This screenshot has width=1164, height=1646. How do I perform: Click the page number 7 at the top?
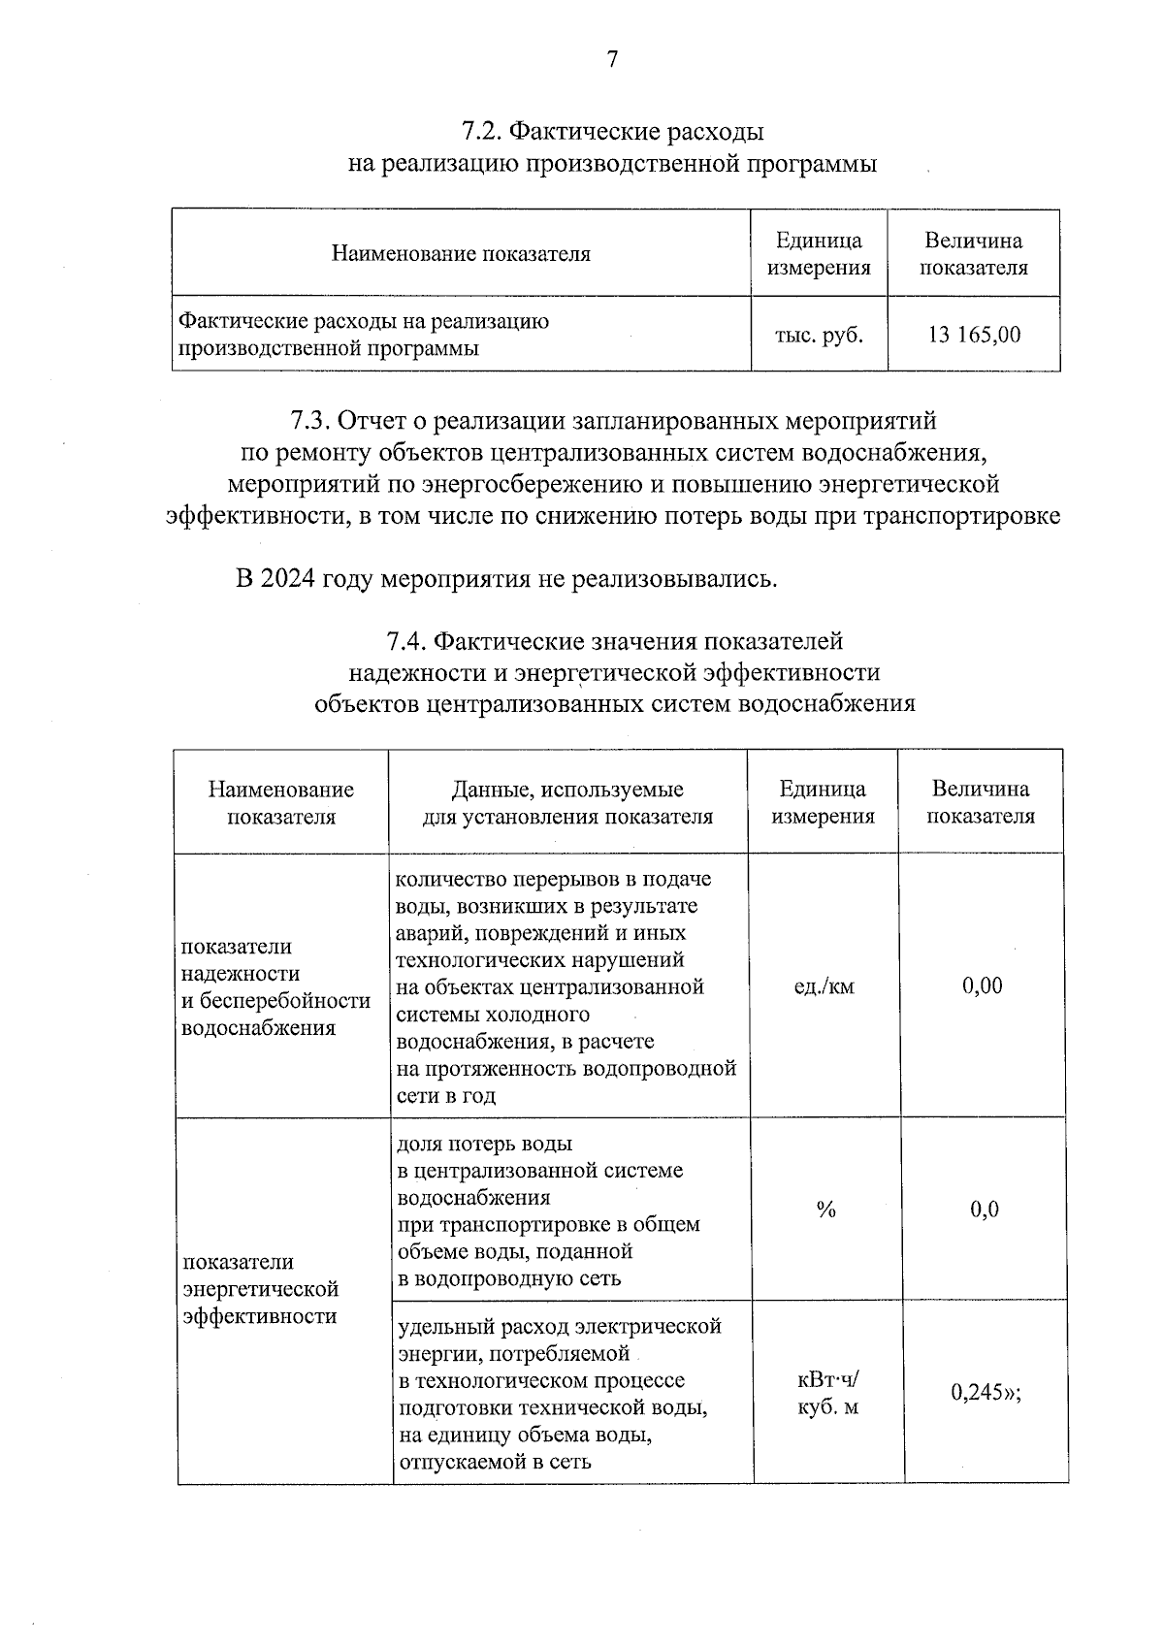tap(611, 60)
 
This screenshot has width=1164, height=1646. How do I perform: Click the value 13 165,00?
tap(973, 335)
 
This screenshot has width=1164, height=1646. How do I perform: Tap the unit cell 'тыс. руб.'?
tap(819, 335)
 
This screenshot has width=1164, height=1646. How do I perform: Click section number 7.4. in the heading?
tap(406, 641)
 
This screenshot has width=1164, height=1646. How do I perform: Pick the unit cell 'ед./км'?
tap(824, 986)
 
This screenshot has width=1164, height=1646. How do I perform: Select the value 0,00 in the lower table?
tap(982, 986)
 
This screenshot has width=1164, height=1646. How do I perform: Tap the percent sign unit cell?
tap(825, 1210)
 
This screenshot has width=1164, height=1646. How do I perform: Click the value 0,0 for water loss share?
tap(984, 1210)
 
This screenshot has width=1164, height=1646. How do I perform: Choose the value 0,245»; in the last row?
tap(986, 1393)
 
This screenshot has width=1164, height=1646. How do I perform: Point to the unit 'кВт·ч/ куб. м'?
tap(827, 1393)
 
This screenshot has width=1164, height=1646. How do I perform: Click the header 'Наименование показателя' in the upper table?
tap(461, 254)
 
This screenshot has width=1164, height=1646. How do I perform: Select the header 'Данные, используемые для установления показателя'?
tap(567, 803)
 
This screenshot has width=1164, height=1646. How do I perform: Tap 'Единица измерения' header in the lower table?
tap(823, 803)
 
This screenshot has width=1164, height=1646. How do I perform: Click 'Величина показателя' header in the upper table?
tap(973, 254)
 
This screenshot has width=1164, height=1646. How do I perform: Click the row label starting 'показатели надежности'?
tap(275, 986)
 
